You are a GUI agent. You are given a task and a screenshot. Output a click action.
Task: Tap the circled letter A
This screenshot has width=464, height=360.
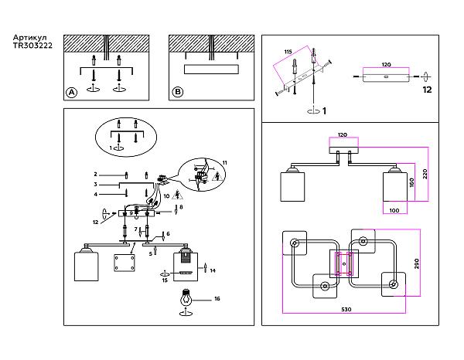coord(71,92)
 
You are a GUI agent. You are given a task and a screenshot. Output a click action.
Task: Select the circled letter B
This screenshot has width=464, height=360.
coord(178,92)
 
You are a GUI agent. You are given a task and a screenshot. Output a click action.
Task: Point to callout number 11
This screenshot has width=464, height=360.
coord(225,161)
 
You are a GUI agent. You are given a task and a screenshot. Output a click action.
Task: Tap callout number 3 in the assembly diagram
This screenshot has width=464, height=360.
coord(95,185)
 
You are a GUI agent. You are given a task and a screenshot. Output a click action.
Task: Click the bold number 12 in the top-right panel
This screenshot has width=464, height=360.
coord(427,90)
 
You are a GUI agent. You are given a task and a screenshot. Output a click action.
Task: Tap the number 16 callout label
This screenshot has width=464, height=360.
coord(217,297)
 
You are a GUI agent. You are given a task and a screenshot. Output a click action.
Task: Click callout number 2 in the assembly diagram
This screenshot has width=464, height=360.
coord(95,175)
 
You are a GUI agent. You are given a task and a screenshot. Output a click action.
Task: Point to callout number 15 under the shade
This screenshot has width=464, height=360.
coord(165,280)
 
